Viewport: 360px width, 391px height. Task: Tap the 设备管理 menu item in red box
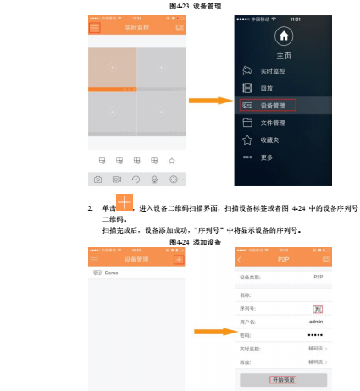273,105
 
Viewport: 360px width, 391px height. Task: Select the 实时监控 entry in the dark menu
271,70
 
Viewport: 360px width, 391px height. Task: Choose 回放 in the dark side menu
266,87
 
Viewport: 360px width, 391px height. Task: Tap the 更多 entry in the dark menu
265,157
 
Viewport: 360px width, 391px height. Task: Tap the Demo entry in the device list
111,273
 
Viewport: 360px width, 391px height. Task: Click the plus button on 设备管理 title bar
178,260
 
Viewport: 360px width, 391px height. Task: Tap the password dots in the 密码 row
315,335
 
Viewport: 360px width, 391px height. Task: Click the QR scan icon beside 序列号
318,308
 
